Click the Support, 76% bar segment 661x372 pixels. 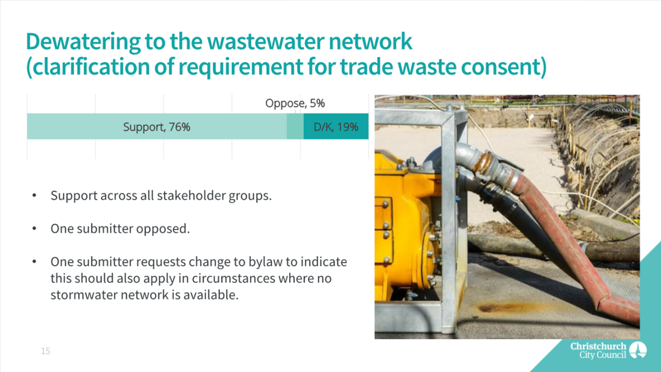tap(157, 126)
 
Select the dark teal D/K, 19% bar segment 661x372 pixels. tap(336, 126)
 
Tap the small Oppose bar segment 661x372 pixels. tap(295, 126)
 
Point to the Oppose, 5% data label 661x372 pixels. tap(295, 103)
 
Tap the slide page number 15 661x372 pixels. tap(45, 351)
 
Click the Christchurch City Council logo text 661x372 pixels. tap(598, 350)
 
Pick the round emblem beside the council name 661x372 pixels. tap(638, 350)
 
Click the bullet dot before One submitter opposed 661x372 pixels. tap(34, 229)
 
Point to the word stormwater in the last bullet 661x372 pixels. tap(84, 295)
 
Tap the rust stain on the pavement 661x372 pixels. tap(501, 308)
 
